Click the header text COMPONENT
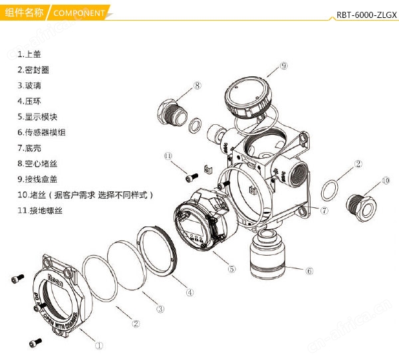click(x=78, y=13)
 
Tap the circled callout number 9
click(x=283, y=66)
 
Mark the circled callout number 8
click(x=198, y=85)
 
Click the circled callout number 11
click(x=169, y=155)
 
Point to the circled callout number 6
click(x=309, y=271)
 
